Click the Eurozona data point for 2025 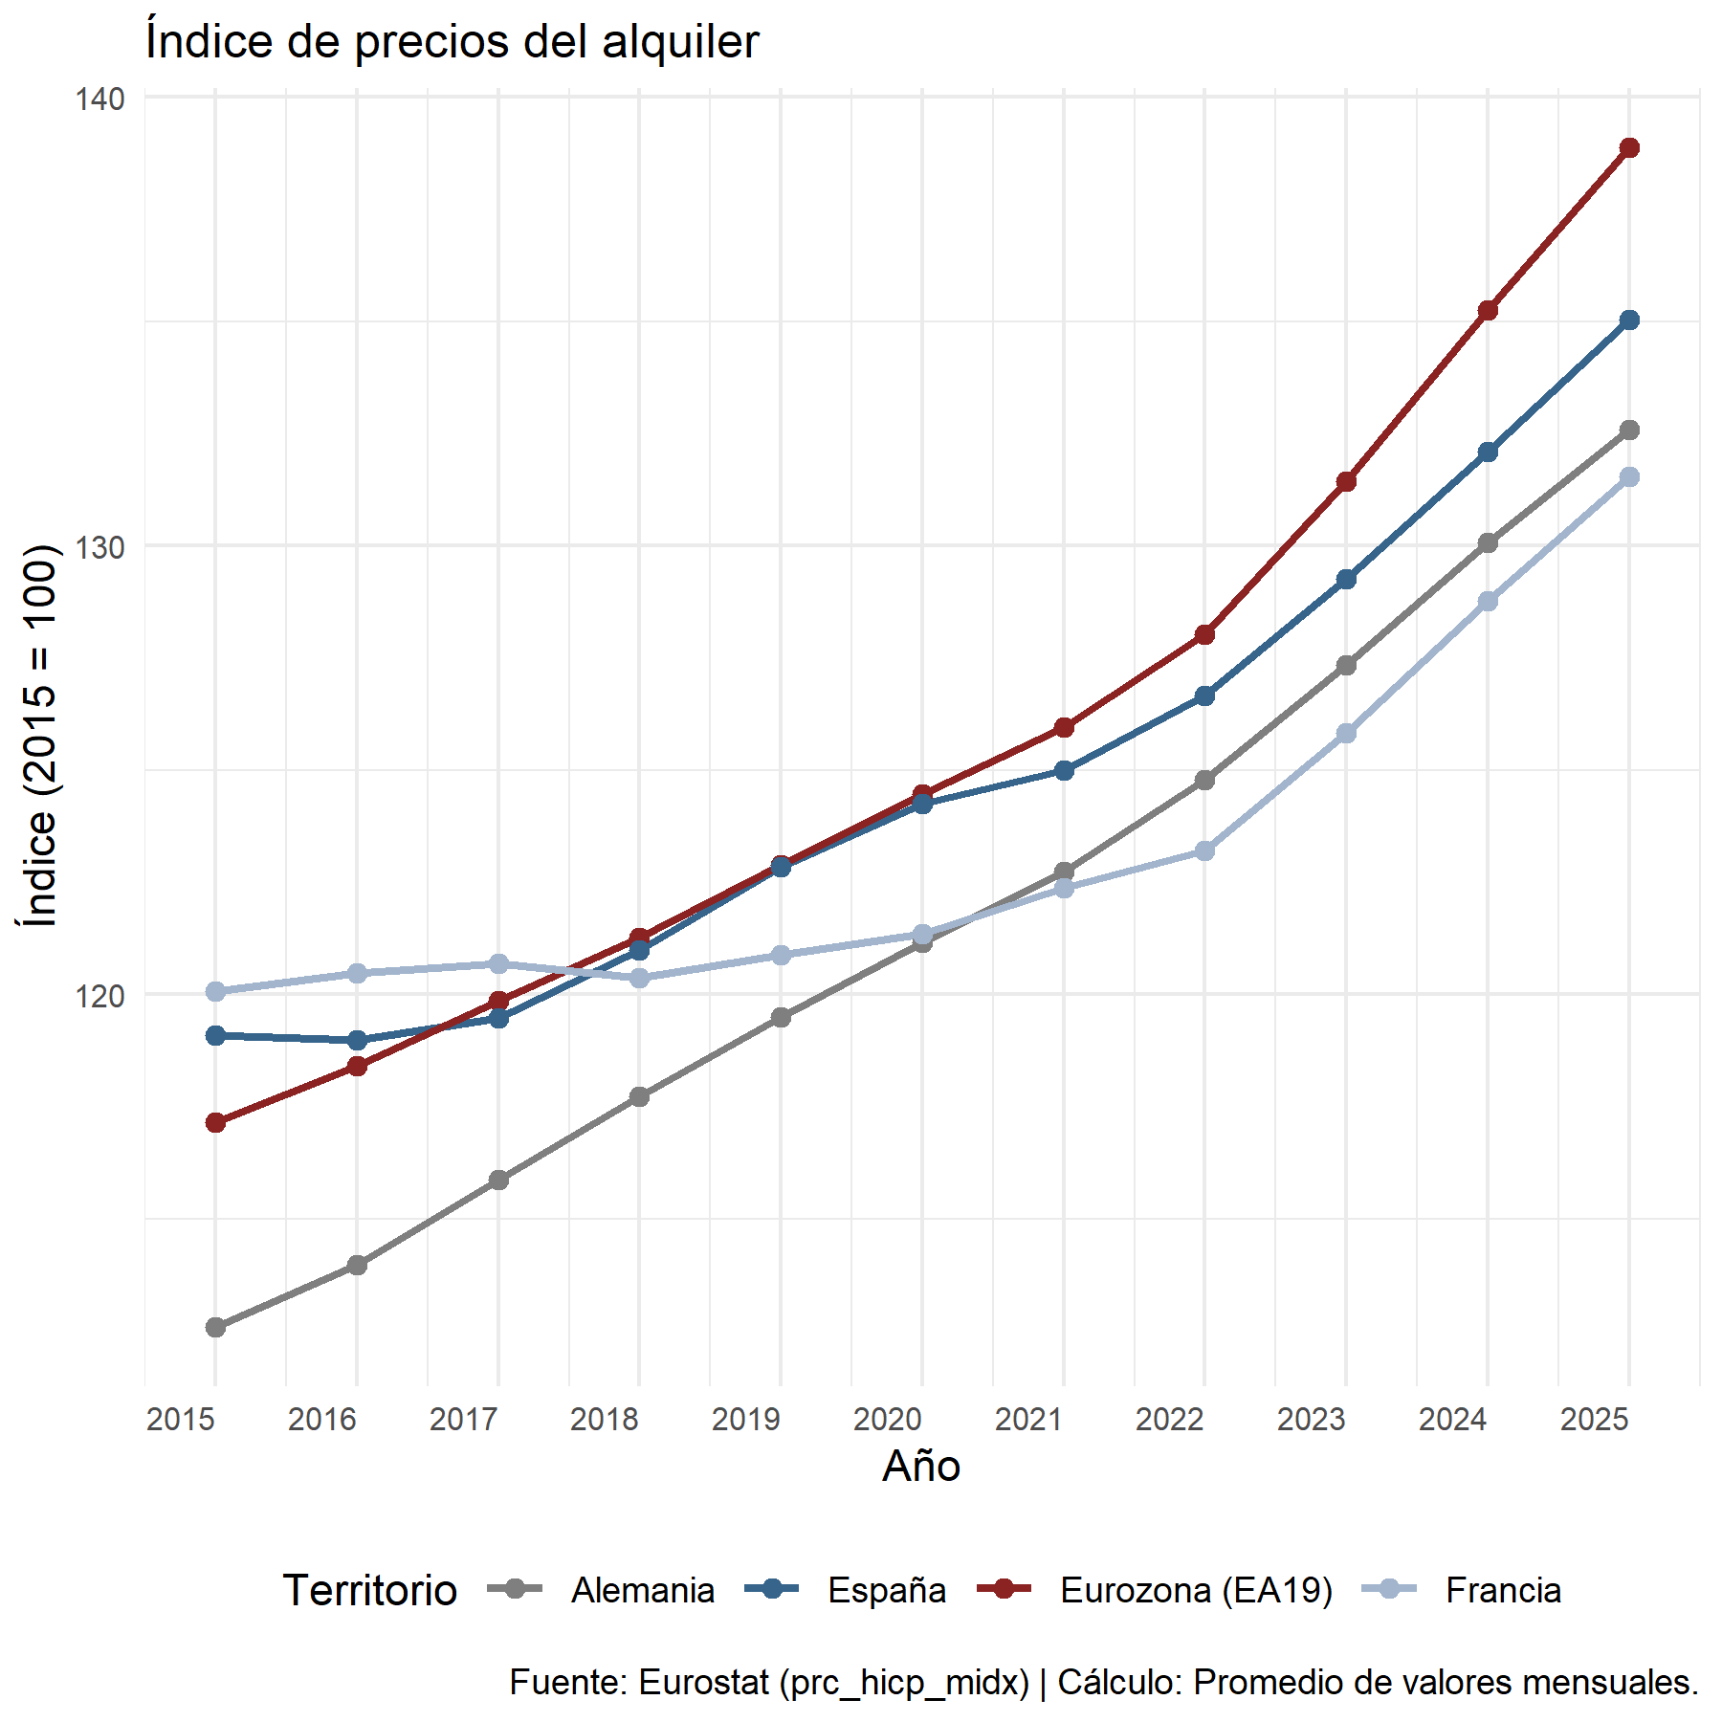pyautogui.click(x=1628, y=147)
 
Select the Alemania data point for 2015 pyautogui.click(x=215, y=1327)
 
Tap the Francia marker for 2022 pyautogui.click(x=1204, y=850)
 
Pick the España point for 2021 pyautogui.click(x=1064, y=770)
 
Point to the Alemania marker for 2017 pyautogui.click(x=498, y=1180)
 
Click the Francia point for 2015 pyautogui.click(x=215, y=991)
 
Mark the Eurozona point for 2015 pyautogui.click(x=215, y=1122)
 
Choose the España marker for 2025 pyautogui.click(x=1628, y=320)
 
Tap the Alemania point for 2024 pyautogui.click(x=1487, y=543)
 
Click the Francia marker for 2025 pyautogui.click(x=1628, y=476)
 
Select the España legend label pyautogui.click(x=886, y=1591)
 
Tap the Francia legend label pyautogui.click(x=1503, y=1591)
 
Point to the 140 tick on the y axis pyautogui.click(x=100, y=99)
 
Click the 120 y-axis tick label pyautogui.click(x=100, y=996)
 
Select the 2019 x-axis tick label pyautogui.click(x=745, y=1420)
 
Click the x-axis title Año pyautogui.click(x=921, y=1467)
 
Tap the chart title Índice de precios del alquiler pyautogui.click(x=453, y=42)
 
